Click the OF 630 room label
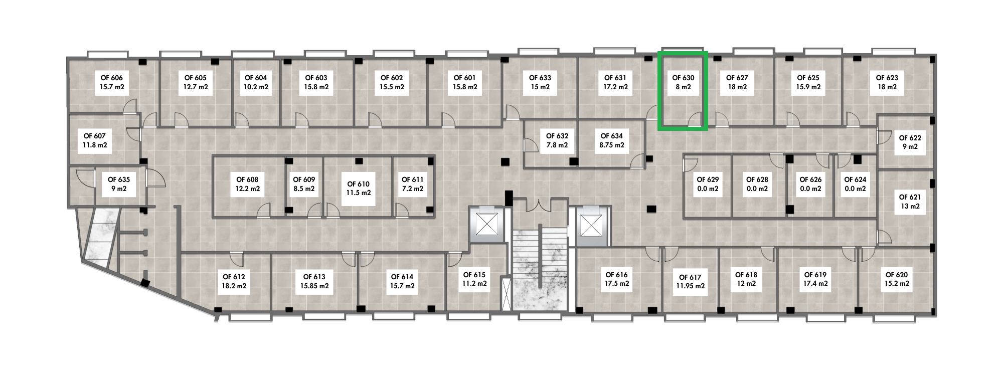pyautogui.click(x=683, y=82)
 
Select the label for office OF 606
pyautogui.click(x=111, y=82)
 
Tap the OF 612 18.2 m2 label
pyautogui.click(x=234, y=281)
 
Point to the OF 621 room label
pyautogui.click(x=910, y=202)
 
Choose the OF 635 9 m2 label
pyautogui.click(x=119, y=184)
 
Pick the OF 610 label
pyautogui.click(x=359, y=188)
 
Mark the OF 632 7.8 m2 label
pyautogui.click(x=557, y=140)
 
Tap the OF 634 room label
pyautogui.click(x=612, y=140)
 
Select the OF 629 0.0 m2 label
pyautogui.click(x=708, y=184)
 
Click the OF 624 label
pyautogui.click(x=855, y=184)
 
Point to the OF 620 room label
pyautogui.click(x=897, y=279)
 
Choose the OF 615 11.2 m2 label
pyautogui.click(x=474, y=279)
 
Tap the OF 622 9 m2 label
pyautogui.click(x=910, y=142)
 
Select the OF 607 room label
pyautogui.click(x=95, y=140)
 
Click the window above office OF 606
pyautogui.click(x=108, y=54)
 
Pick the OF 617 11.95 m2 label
pyautogui.click(x=690, y=281)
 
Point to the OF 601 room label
pyautogui.click(x=464, y=82)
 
